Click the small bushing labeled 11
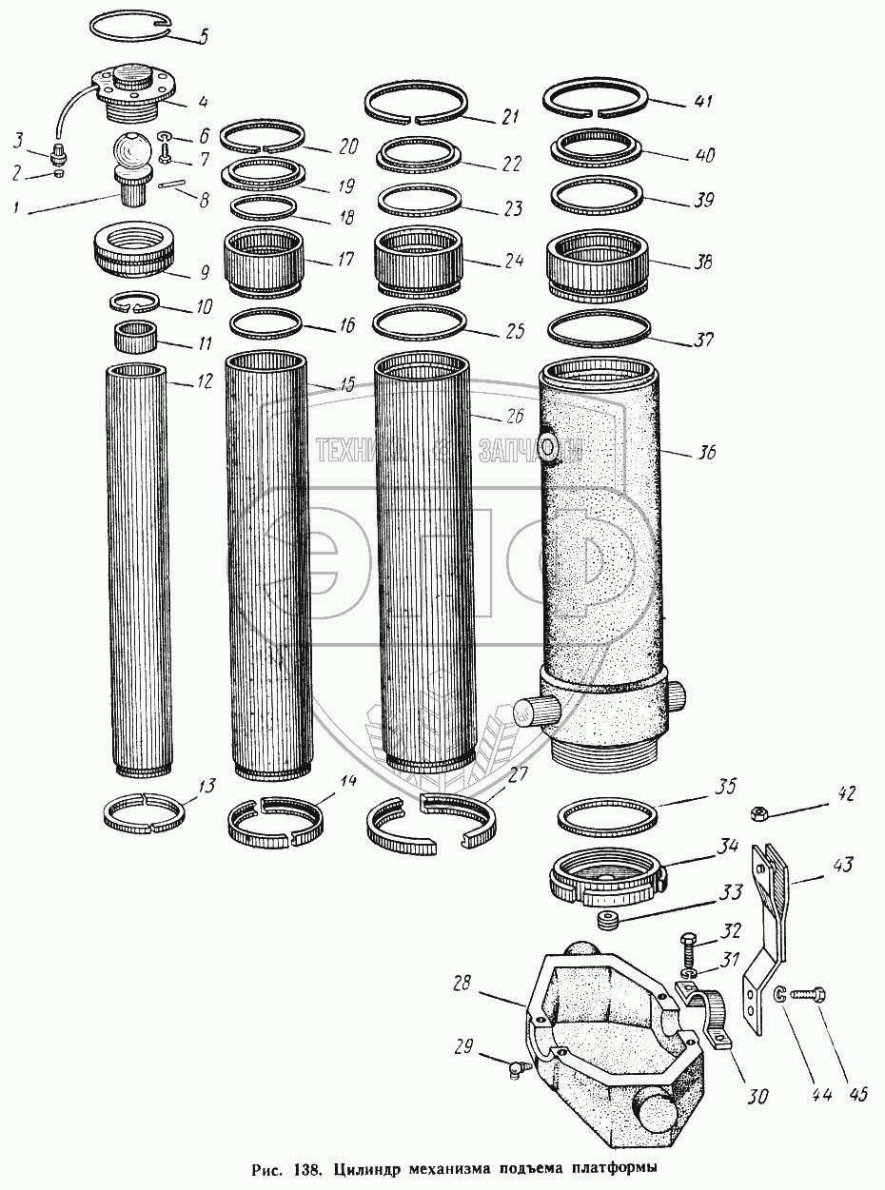point(135,336)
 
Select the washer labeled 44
point(780,996)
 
